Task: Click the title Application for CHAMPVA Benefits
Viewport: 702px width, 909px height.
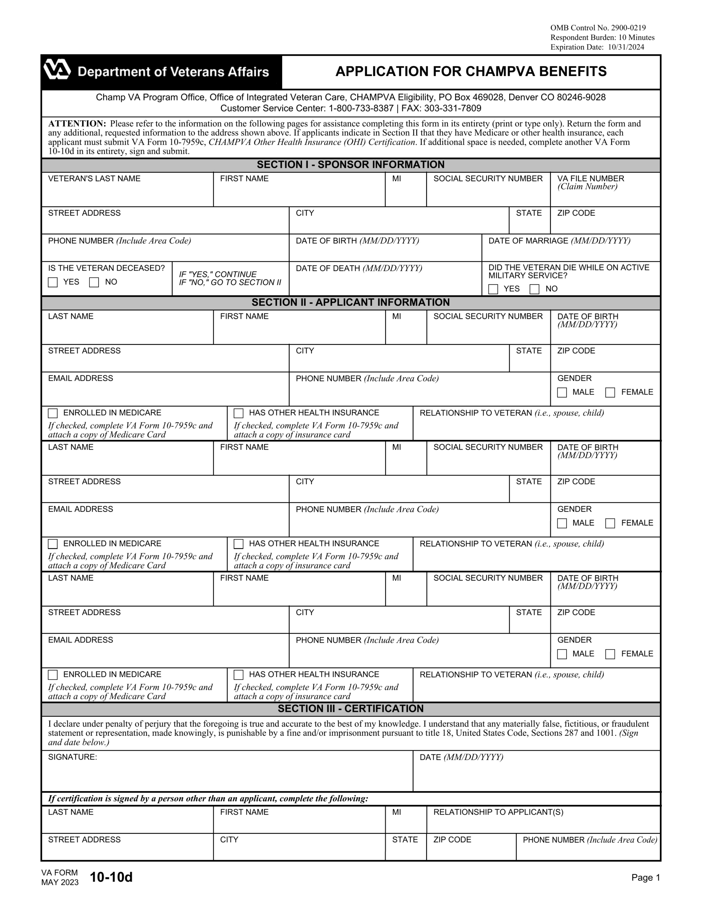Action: coord(471,72)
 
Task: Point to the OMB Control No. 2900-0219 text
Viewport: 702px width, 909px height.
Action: coord(598,28)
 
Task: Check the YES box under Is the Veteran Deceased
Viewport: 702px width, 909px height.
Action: coord(53,282)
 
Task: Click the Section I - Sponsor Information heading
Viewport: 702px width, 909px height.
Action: coord(350,165)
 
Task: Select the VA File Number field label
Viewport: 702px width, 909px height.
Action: coord(591,179)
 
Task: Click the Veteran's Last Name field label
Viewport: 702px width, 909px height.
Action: coord(94,179)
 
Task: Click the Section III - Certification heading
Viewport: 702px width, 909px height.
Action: coord(350,708)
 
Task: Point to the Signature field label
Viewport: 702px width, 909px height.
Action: coord(72,757)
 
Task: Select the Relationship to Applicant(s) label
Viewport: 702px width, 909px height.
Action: coord(498,812)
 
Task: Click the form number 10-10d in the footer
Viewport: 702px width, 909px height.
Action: coord(111,877)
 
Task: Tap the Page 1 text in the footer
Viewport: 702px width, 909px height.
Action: coord(646,877)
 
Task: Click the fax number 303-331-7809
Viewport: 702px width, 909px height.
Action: coord(453,109)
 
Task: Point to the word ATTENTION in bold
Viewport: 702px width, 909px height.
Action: coord(77,124)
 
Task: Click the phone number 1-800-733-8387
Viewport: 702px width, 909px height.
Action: coord(361,109)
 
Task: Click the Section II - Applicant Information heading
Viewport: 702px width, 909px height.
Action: coord(350,302)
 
